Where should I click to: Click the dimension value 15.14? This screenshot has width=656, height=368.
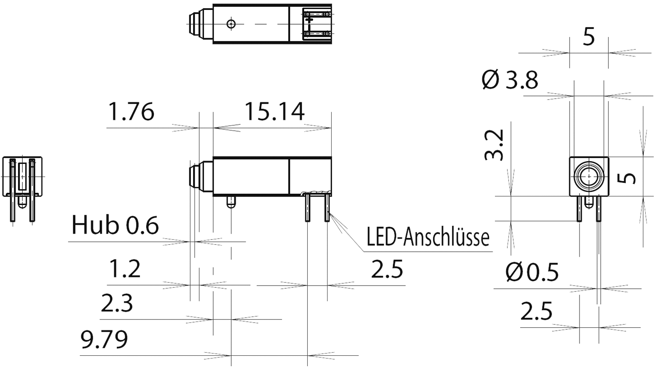click(x=274, y=112)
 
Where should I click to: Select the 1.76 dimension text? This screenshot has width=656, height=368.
click(x=131, y=112)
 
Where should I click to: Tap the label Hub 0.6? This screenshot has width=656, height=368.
click(x=115, y=225)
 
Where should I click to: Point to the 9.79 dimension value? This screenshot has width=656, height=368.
click(x=104, y=339)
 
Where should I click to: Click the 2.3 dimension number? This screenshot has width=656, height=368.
click(x=117, y=304)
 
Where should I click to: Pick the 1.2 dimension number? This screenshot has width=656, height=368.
click(x=125, y=269)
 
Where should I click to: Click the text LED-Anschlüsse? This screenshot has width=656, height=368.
click(x=428, y=237)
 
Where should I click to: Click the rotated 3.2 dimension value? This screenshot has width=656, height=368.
click(x=494, y=146)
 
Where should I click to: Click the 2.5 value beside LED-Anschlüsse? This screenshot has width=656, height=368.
click(x=387, y=270)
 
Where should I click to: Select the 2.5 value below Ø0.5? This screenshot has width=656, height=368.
click(x=537, y=312)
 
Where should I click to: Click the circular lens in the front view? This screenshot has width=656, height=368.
click(x=589, y=176)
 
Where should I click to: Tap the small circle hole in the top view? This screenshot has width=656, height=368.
click(x=231, y=24)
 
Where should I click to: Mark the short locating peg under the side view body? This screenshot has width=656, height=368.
click(x=231, y=201)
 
